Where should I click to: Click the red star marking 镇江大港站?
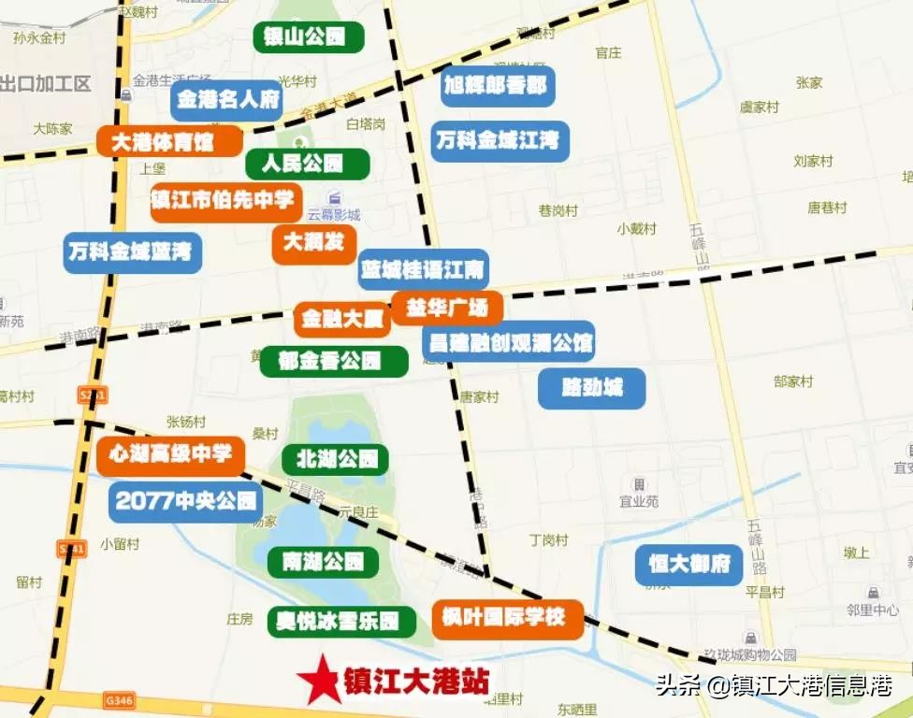318,679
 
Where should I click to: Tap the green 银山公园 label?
309,37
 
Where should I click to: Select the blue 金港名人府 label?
226,100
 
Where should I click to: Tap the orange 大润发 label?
314,243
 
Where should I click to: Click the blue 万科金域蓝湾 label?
132,252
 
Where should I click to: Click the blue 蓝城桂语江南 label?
423,271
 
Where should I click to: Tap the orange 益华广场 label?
447,307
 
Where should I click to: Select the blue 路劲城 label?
591,388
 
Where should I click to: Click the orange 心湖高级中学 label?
170,456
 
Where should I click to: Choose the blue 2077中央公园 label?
185,501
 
